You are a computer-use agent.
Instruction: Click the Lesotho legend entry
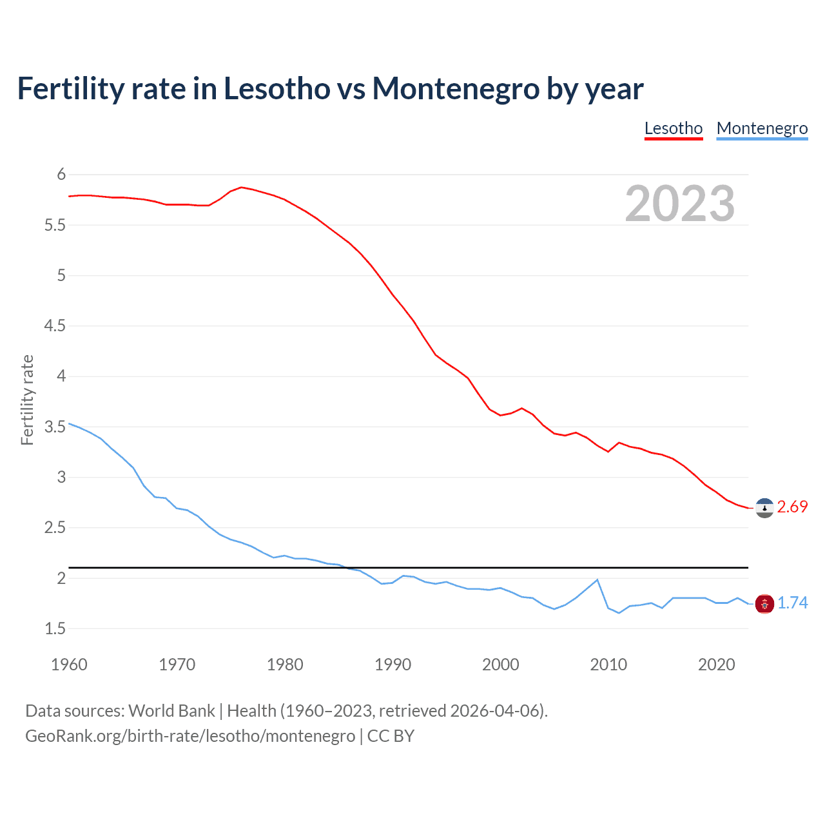(x=674, y=128)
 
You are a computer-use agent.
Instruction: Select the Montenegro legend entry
(x=762, y=128)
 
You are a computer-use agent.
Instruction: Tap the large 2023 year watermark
(x=680, y=204)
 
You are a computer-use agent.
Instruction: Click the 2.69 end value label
(x=792, y=507)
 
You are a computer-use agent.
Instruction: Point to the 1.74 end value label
(x=792, y=603)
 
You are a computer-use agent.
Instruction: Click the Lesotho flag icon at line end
(x=764, y=508)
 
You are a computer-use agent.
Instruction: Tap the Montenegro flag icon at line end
(x=764, y=603)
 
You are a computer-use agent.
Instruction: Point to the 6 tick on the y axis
(x=61, y=175)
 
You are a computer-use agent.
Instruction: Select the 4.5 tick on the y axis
(x=55, y=326)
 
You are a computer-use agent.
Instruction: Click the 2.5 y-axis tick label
(x=55, y=528)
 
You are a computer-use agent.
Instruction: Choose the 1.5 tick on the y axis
(x=55, y=629)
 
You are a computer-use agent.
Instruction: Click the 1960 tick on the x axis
(x=69, y=665)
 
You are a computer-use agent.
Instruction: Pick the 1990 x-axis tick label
(x=393, y=665)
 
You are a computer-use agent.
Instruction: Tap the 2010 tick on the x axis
(x=608, y=665)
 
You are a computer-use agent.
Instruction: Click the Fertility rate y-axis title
(x=27, y=400)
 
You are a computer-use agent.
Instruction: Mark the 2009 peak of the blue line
(x=597, y=579)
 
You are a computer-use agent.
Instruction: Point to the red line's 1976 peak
(x=241, y=187)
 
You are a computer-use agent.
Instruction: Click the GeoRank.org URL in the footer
(x=190, y=736)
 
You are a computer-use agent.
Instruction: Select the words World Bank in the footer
(x=171, y=711)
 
